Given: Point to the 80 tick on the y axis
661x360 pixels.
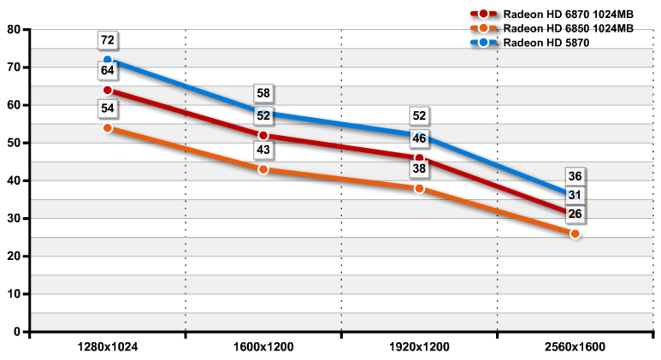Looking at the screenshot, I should click(x=15, y=29).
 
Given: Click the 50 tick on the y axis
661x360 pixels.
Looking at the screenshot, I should click(x=15, y=143).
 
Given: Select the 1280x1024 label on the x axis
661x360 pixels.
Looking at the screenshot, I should click(x=108, y=348).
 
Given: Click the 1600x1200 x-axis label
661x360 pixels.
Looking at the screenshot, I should click(x=263, y=348).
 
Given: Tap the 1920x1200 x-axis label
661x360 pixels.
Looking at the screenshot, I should click(x=419, y=348).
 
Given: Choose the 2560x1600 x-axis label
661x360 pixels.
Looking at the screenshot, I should click(x=575, y=348).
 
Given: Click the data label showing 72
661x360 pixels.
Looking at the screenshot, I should click(x=108, y=40).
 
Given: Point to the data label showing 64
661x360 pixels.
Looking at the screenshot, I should click(x=108, y=70).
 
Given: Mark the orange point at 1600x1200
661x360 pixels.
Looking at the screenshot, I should click(x=263, y=169).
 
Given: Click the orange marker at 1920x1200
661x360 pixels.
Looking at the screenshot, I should click(x=419, y=188).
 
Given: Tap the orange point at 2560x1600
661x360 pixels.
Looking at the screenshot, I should click(x=575, y=233).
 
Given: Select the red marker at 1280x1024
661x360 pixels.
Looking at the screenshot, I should click(x=108, y=90).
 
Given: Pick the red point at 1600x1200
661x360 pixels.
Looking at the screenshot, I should click(x=263, y=135).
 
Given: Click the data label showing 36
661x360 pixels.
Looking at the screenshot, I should click(x=575, y=177).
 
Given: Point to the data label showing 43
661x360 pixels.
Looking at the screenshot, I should click(x=263, y=150).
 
